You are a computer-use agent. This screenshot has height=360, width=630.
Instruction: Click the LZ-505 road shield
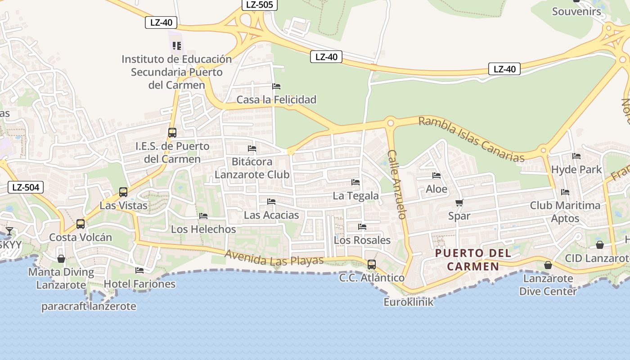[x=260, y=4]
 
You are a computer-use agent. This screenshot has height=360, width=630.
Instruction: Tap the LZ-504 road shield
[x=26, y=187]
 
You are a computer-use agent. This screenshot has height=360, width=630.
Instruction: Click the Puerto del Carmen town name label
[x=473, y=260]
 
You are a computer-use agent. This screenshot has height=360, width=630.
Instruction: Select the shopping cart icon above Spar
[x=459, y=202]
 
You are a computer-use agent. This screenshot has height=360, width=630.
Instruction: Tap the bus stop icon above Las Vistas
[x=123, y=192]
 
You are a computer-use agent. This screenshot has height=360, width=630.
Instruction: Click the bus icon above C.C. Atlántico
[x=372, y=265]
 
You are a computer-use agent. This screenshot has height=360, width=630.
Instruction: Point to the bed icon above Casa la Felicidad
[x=276, y=86]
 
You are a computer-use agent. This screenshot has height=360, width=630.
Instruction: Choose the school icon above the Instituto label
[x=177, y=46]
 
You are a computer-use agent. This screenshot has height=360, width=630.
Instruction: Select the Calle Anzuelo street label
[x=397, y=184]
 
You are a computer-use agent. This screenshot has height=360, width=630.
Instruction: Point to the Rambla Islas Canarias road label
[x=472, y=139]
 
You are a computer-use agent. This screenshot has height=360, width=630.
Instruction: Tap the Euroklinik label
[x=409, y=301]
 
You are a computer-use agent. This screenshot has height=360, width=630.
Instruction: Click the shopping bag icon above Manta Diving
[x=61, y=259]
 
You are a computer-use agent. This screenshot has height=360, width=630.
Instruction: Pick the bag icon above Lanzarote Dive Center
[x=548, y=265]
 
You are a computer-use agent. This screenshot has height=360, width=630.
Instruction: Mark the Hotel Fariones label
[x=139, y=284]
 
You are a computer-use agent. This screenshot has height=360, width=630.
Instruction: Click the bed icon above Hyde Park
[x=576, y=156]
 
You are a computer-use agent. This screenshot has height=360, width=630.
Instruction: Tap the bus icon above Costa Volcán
[x=81, y=224]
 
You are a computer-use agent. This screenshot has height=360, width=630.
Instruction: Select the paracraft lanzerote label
[x=89, y=307]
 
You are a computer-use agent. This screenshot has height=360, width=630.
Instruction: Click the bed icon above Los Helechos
[x=203, y=216]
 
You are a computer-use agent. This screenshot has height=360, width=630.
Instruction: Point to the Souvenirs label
[x=576, y=11]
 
